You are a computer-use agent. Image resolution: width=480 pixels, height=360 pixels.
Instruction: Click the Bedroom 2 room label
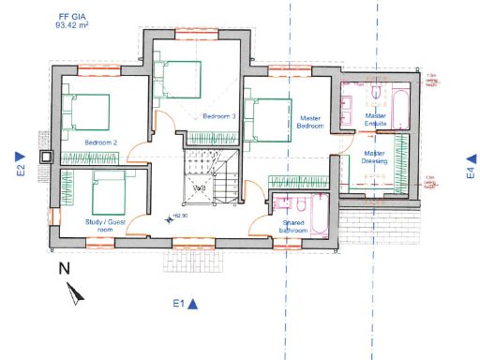point(100,142)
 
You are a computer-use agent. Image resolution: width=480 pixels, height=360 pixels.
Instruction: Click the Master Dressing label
point(375,157)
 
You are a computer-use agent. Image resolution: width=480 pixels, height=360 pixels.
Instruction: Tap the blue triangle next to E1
point(192,303)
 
